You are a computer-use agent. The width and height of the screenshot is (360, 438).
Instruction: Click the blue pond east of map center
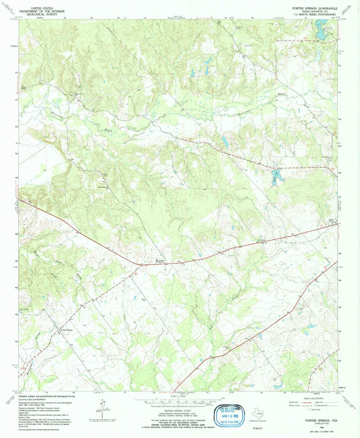point(224,142)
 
